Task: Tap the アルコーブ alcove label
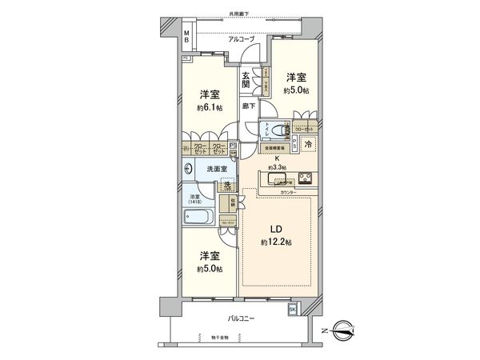point(241,38)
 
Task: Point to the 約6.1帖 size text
point(209,106)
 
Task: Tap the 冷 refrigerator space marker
point(309,145)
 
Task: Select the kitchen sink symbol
point(276,178)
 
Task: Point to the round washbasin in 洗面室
point(189,169)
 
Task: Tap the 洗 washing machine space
point(227,186)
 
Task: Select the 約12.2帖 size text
point(274,242)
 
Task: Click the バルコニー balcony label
point(241,318)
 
